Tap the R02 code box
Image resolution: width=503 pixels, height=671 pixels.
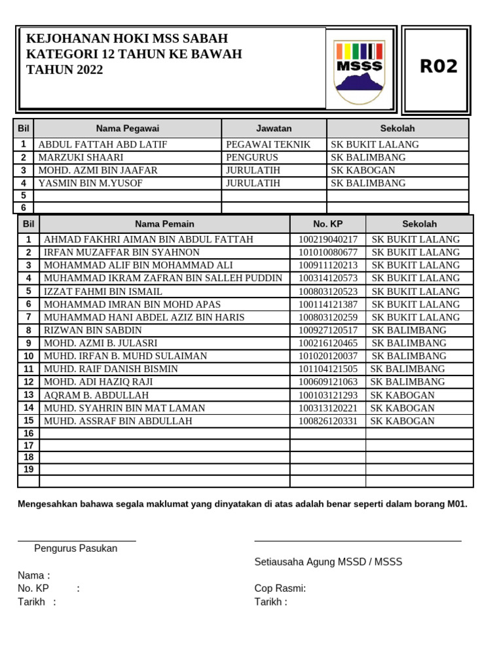(438, 67)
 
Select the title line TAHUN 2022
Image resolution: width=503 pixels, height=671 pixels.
(64, 70)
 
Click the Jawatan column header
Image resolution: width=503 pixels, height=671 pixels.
(274, 128)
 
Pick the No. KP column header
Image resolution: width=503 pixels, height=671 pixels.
(327, 223)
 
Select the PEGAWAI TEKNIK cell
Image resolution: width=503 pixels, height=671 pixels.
(268, 145)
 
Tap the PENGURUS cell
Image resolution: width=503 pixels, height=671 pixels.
(252, 157)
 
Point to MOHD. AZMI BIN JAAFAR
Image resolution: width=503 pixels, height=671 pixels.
(98, 170)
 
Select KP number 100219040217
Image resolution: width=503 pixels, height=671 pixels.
(328, 240)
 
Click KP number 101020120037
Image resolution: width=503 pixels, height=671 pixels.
(328, 356)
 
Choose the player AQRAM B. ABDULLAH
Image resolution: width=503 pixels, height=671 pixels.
(96, 395)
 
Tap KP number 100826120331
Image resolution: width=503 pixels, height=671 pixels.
(328, 421)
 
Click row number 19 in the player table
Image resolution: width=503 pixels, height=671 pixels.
(29, 469)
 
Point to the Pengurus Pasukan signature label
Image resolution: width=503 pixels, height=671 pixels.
(76, 548)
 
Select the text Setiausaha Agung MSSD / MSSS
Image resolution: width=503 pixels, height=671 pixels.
(328, 562)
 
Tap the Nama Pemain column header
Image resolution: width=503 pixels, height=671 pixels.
(164, 223)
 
